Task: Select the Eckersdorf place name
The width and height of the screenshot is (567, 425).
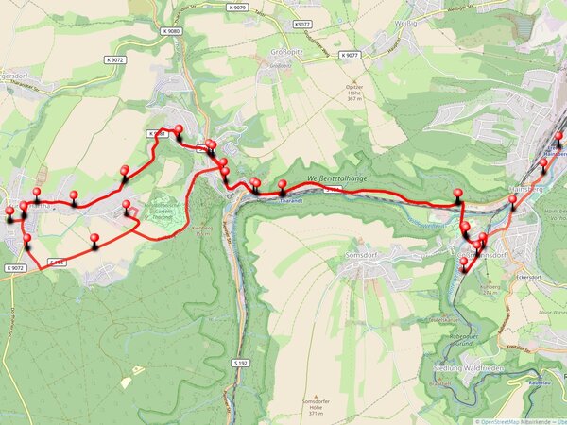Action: [x=537, y=277]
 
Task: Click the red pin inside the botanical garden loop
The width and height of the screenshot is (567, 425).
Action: [x=127, y=207]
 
